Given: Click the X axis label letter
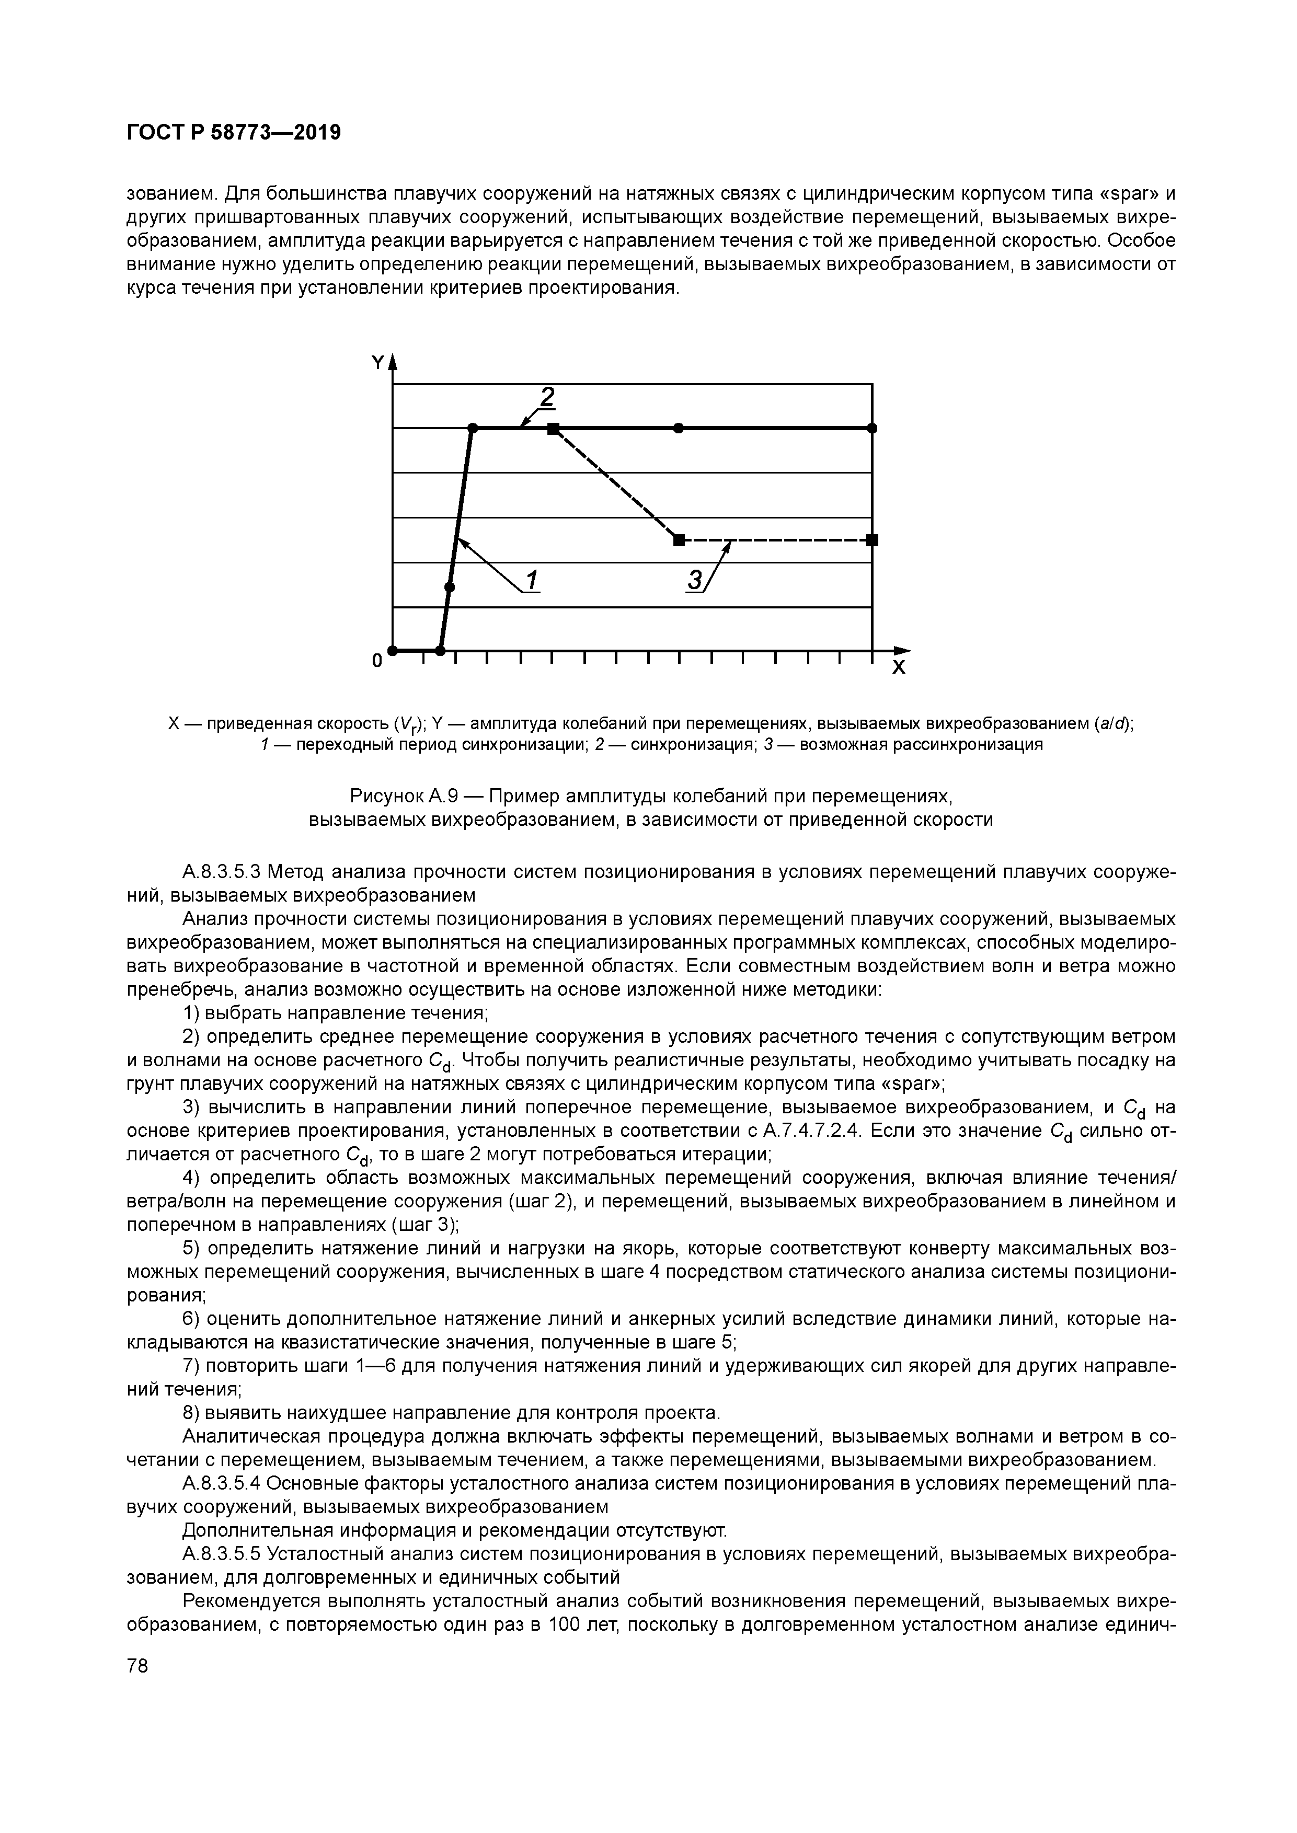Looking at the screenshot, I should [899, 668].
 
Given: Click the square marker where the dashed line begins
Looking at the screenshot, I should [553, 429].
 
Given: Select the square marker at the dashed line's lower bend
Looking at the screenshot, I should [679, 540].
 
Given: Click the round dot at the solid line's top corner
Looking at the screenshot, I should [472, 429].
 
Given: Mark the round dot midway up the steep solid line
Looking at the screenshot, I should [449, 587].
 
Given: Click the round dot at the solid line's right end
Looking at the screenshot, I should [872, 429].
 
